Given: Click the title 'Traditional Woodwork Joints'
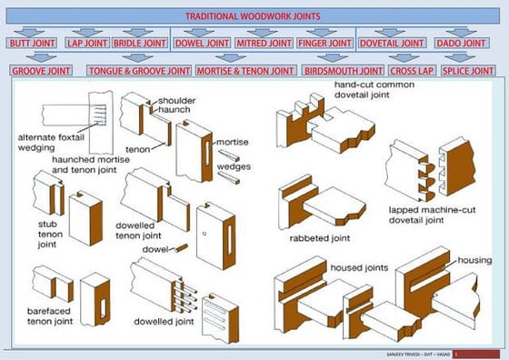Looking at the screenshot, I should coord(254,16).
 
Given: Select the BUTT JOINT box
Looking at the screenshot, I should coord(32,43).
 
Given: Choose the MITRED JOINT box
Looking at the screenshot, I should coord(263,43).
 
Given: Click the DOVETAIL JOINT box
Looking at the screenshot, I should coord(391,43).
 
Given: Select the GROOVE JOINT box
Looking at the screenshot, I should coord(42,70).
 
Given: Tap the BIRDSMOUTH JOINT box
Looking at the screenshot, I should coord(344,70).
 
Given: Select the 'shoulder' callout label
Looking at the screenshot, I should coord(175,100).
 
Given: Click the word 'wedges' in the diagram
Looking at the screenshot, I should coord(234,166).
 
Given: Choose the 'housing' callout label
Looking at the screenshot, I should coord(474,260).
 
